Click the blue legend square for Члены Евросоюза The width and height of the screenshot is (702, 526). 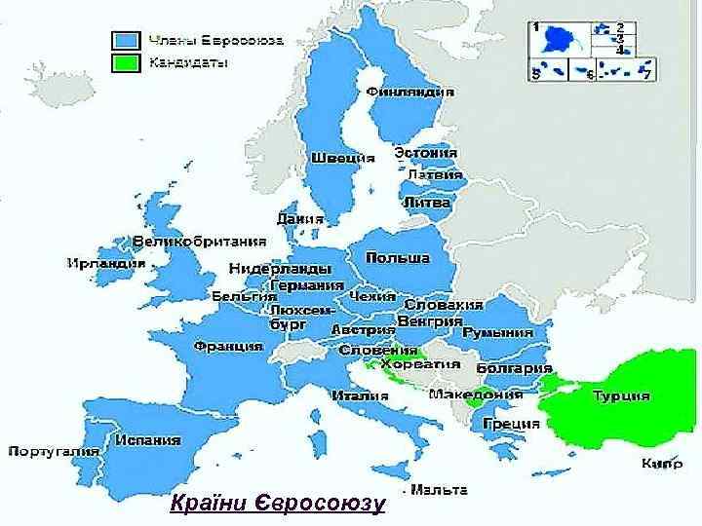(x=125, y=40)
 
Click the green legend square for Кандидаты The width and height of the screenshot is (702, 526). (x=125, y=63)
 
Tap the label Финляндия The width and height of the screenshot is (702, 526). (x=410, y=92)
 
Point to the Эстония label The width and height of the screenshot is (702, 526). (x=426, y=153)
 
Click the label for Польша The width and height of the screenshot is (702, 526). (x=398, y=257)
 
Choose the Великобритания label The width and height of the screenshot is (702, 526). (x=200, y=242)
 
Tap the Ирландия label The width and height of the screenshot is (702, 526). (x=106, y=263)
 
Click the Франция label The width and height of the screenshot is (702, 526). (x=228, y=346)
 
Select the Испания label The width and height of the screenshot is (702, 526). (x=147, y=439)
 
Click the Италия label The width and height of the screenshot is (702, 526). (x=355, y=395)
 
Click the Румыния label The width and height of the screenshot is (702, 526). (x=498, y=332)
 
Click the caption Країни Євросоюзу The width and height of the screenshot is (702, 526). (x=277, y=504)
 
